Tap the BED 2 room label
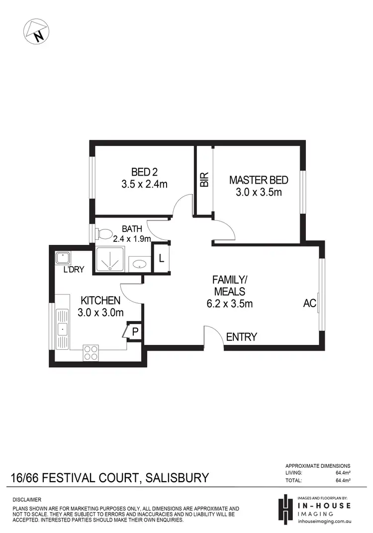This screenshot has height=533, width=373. point(144,172)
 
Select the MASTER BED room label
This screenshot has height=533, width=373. point(258,180)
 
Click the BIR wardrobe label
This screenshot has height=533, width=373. point(204,180)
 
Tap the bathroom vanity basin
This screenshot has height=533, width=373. point(139,263)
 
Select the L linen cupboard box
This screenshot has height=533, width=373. point(161,258)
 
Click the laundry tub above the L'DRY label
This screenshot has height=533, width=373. point(63,257)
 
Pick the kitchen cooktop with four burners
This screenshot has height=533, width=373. point(91,352)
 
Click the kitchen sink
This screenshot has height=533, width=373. point(62,328)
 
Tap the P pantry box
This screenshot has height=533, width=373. point(135,331)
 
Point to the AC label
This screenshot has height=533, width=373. point(309,303)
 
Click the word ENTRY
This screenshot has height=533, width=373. point(241,337)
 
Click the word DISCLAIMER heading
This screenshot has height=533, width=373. point(27,499)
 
